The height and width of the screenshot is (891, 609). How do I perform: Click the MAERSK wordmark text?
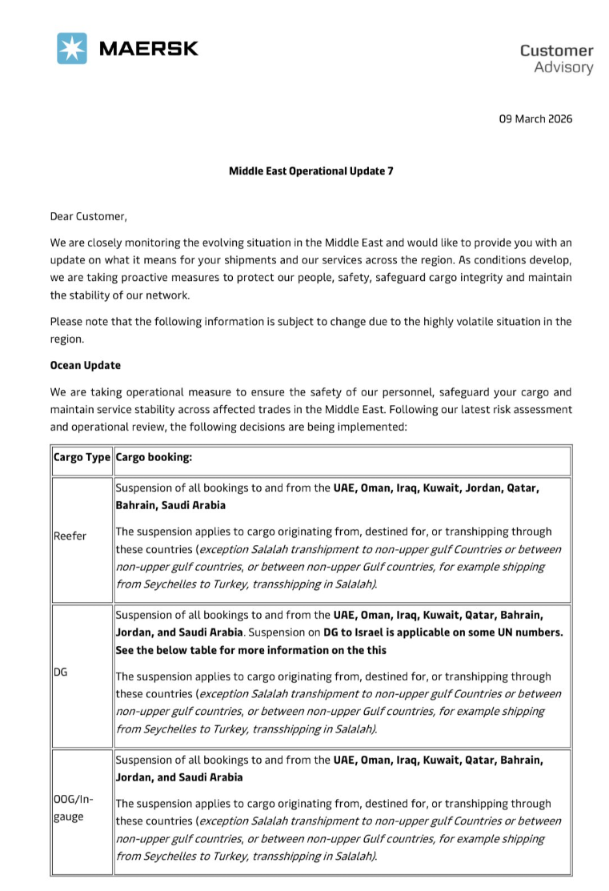click(x=148, y=48)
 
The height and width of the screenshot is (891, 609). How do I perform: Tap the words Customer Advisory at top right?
click(x=556, y=58)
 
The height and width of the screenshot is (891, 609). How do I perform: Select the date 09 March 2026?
click(x=535, y=119)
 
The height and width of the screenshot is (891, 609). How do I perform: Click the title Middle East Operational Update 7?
click(x=311, y=171)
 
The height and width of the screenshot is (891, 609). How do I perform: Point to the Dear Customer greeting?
click(x=88, y=216)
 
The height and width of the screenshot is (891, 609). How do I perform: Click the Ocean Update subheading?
click(x=85, y=365)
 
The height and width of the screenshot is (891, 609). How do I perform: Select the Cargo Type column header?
click(x=82, y=459)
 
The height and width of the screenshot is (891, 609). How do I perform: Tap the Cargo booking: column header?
click(x=154, y=459)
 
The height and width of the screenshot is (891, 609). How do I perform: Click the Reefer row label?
click(x=70, y=536)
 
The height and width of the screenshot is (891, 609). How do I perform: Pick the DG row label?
click(x=60, y=672)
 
